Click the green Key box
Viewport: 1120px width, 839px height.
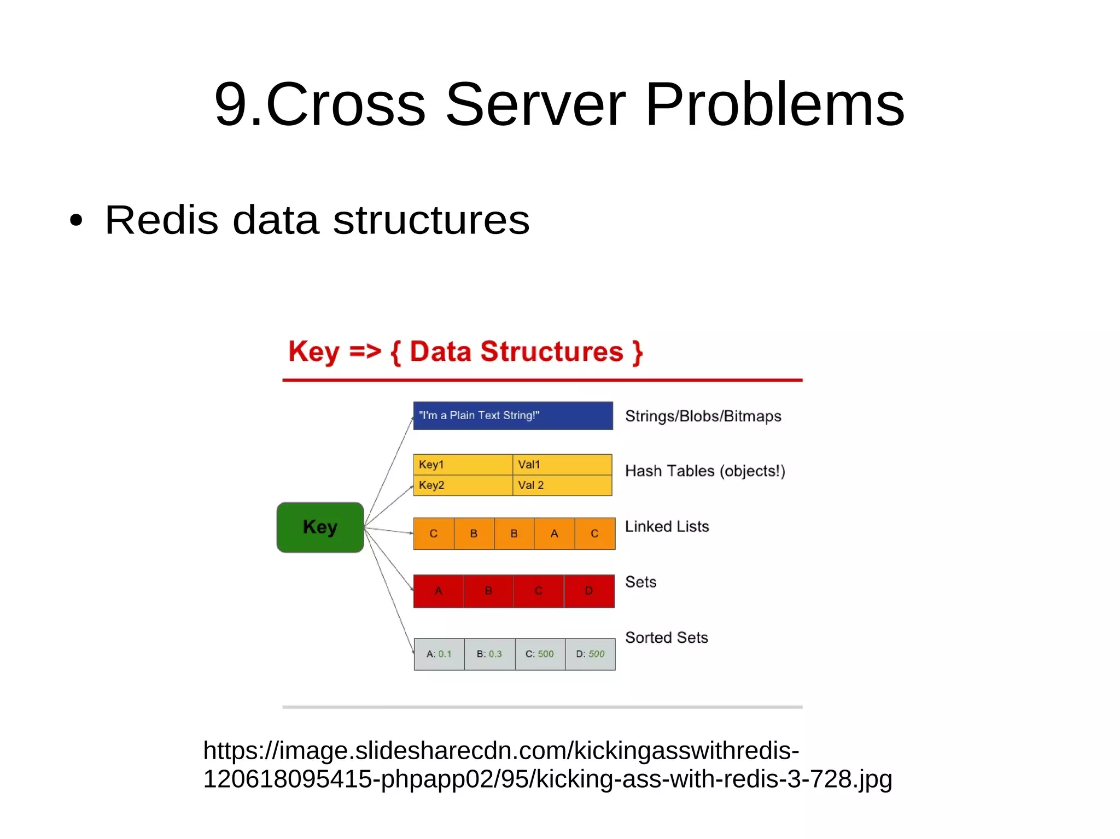coord(320,527)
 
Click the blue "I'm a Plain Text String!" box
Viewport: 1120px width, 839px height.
coord(512,416)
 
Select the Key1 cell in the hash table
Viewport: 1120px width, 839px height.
coord(463,465)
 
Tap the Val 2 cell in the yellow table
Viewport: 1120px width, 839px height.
coord(562,485)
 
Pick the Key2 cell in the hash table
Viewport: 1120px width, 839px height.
coord(463,485)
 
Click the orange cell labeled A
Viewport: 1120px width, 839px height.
coord(554,533)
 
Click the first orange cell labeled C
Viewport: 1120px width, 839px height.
coord(434,533)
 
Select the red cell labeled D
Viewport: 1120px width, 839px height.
coord(589,591)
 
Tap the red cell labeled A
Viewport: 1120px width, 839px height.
coord(439,591)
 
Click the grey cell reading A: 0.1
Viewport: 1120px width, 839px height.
coord(439,654)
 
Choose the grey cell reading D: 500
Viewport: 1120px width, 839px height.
coord(590,654)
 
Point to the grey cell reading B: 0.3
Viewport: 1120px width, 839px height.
coord(489,654)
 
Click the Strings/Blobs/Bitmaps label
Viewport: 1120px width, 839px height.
coord(703,416)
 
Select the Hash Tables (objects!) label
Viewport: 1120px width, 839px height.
coord(705,471)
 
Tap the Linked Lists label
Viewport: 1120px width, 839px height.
coord(667,527)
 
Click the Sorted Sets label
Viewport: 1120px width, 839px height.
coord(666,638)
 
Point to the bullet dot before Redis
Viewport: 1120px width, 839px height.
coord(76,221)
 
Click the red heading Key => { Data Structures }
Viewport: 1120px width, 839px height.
coord(465,352)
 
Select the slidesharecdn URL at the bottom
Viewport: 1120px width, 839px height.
coord(547,765)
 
